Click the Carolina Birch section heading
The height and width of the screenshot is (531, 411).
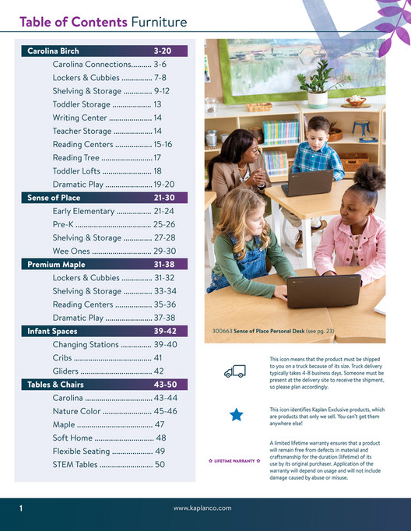53,51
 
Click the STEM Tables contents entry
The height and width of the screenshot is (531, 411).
108,464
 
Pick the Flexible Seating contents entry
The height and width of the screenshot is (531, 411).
108,451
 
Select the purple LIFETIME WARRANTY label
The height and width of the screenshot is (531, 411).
234,462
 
